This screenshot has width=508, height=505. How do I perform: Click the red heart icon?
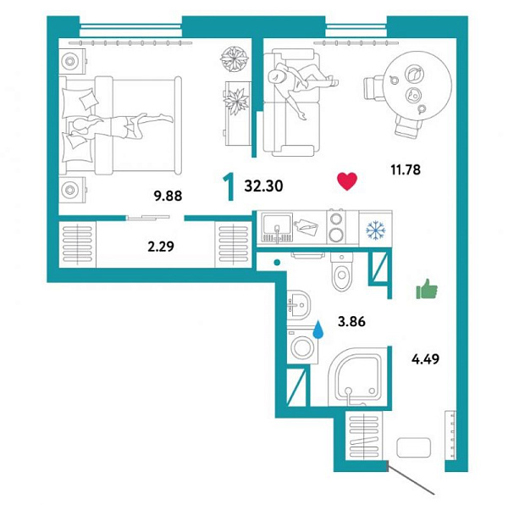coord(347,180)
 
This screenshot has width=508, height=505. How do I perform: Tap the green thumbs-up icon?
coord(427,288)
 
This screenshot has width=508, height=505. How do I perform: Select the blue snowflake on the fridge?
coord(375,230)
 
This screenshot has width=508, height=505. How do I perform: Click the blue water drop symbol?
coord(318,330)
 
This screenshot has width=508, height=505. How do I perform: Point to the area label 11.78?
coord(406,169)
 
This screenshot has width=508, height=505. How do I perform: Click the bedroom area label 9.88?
coord(168,196)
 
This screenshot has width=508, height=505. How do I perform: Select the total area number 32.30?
coord(263,186)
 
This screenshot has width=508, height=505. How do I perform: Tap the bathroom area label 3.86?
coord(351,321)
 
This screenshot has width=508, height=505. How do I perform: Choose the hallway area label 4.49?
coord(425,359)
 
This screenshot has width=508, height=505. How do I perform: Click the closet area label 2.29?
coord(161,247)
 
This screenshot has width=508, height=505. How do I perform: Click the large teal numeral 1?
coord(229,187)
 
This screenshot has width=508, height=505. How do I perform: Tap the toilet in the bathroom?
coord(342,271)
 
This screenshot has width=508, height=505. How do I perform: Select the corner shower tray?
coord(358,377)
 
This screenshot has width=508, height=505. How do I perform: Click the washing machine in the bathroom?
coord(302,347)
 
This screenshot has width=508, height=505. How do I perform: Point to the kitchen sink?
coord(277,228)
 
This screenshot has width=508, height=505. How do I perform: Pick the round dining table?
coord(417,86)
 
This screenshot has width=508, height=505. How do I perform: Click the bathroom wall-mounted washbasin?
coord(299,305)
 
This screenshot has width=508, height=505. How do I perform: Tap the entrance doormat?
coord(414,447)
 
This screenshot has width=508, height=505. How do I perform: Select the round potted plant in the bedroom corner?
coord(235,59)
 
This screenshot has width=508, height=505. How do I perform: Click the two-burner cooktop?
coord(336,227)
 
